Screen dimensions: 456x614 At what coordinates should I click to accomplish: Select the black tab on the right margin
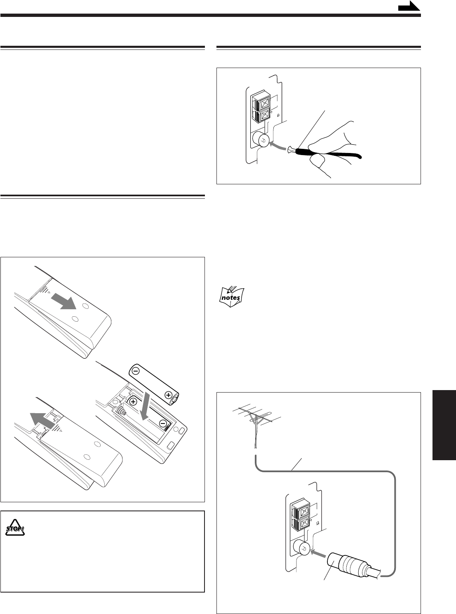(x=444, y=425)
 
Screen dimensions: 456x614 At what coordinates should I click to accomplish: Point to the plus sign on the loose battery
(x=168, y=395)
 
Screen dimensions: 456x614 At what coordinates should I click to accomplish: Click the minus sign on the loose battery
(x=137, y=371)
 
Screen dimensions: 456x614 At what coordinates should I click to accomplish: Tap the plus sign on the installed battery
(x=133, y=401)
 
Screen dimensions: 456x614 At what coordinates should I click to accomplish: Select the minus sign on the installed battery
(x=163, y=423)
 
